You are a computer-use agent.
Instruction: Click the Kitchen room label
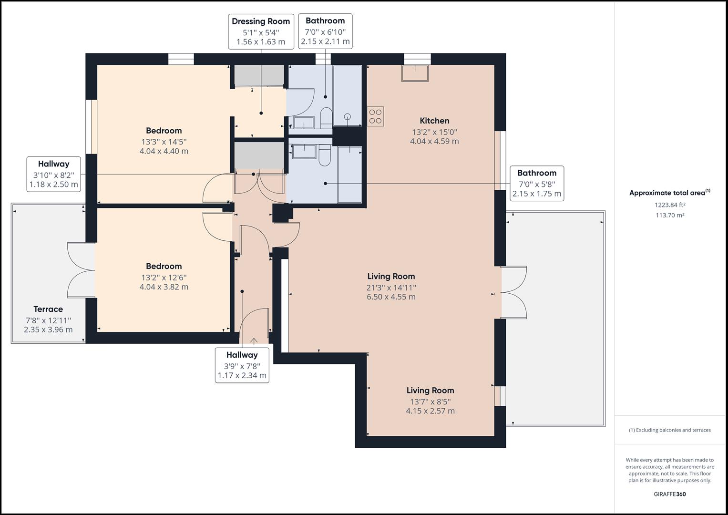434,121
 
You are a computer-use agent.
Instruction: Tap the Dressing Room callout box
261,31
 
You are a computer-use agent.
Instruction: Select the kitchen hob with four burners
375,116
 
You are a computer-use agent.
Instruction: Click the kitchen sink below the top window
415,73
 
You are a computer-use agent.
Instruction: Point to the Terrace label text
48,309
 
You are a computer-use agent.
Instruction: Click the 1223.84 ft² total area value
670,205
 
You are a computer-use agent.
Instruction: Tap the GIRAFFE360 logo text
669,494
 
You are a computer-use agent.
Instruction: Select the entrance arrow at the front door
254,341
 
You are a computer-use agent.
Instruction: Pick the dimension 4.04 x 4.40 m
164,151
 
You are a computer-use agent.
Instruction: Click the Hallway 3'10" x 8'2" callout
53,174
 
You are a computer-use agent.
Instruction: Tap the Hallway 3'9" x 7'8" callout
242,365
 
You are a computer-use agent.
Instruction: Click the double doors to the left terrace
81,270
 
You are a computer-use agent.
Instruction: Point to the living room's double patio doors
514,292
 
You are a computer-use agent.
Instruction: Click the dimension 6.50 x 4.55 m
391,297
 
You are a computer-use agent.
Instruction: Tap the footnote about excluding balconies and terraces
669,430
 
